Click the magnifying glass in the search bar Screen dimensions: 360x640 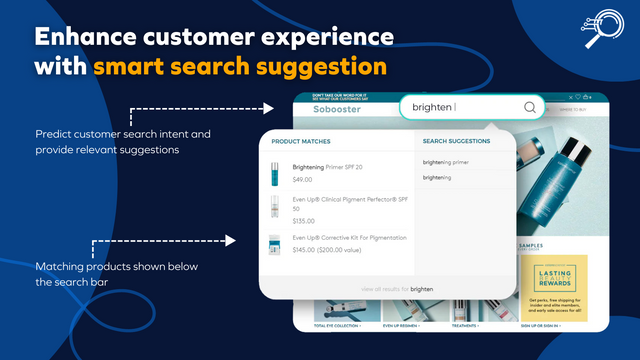[529, 107]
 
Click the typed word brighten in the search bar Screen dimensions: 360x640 [431, 107]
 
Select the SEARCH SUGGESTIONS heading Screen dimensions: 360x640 [456, 142]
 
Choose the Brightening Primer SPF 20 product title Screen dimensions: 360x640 [327, 167]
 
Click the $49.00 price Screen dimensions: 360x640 [302, 180]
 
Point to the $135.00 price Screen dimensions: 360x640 [303, 221]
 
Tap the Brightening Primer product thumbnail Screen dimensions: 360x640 [274, 173]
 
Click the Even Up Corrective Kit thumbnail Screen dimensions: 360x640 [274, 246]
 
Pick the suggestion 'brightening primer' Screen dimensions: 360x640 [445, 162]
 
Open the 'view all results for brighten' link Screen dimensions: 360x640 [397, 288]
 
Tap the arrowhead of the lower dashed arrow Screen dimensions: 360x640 [231, 241]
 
